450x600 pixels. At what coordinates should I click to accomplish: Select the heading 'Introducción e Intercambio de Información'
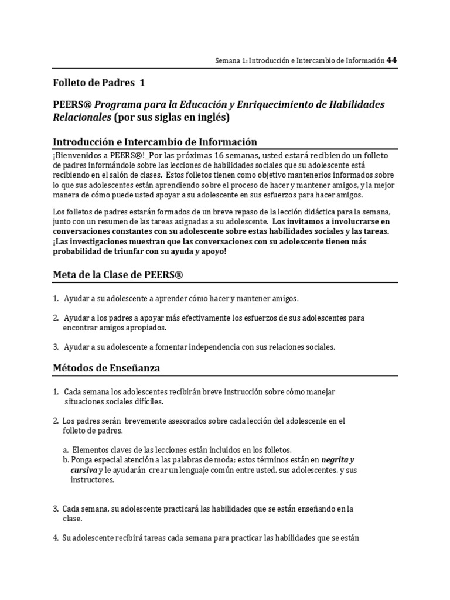[155, 142]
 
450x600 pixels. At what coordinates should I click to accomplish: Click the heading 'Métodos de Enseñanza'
[107, 368]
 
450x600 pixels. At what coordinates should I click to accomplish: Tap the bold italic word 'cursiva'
[83, 470]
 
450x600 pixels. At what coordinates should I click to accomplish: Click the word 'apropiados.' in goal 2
[138, 328]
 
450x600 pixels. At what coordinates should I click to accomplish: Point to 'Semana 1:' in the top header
[232, 60]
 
